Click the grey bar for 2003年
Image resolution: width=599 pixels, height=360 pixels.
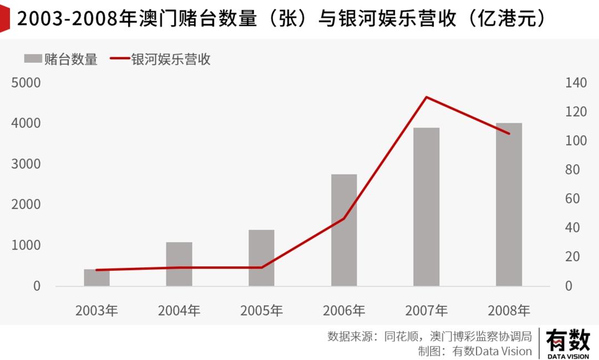[97, 278]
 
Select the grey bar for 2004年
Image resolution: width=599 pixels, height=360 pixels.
[179, 264]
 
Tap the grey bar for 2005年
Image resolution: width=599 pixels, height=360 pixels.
[261, 258]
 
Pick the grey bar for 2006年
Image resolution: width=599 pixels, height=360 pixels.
[344, 230]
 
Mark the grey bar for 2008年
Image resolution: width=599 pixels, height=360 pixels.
[509, 205]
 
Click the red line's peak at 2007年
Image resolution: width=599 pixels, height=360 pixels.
[426, 98]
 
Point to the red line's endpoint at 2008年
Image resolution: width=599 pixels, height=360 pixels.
[509, 133]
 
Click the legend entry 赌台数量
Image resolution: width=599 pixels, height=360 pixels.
[61, 59]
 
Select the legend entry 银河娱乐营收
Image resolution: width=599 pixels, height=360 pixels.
[161, 59]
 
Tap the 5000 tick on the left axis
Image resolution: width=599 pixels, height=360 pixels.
[26, 83]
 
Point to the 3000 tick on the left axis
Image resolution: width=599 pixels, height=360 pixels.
[26, 164]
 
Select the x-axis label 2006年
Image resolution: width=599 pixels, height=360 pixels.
[344, 310]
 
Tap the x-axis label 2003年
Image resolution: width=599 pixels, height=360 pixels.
[97, 310]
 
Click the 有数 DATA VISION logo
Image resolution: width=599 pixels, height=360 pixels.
[568, 343]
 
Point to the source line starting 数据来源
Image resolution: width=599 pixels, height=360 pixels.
[430, 336]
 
